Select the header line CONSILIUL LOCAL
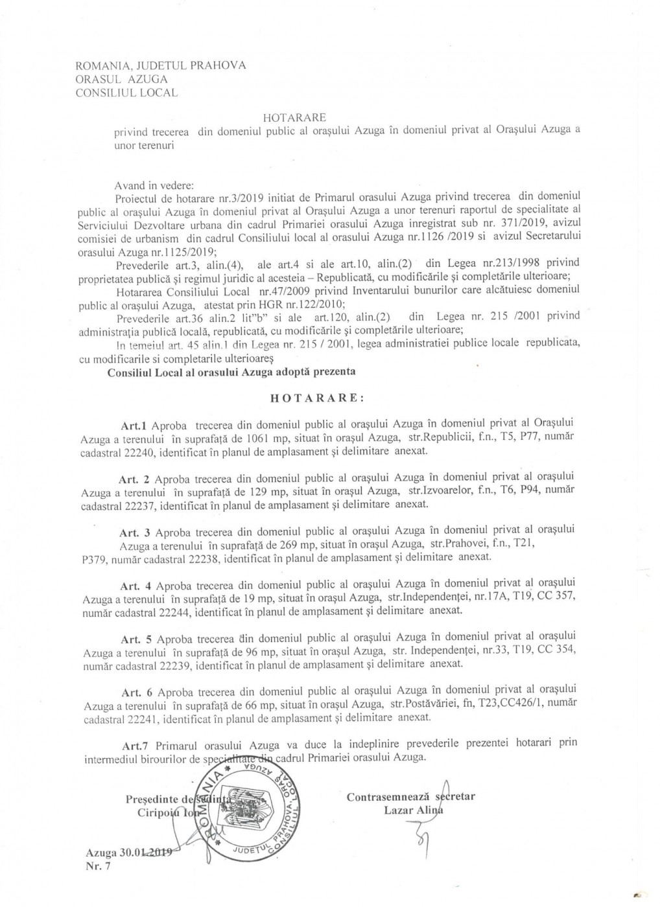click(126, 93)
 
